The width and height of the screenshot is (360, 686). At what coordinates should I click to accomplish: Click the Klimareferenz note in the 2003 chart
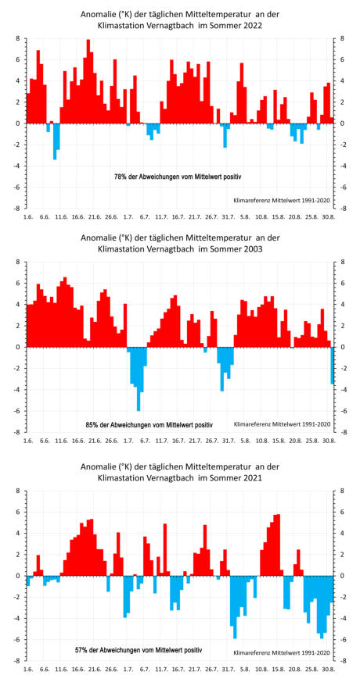(283, 424)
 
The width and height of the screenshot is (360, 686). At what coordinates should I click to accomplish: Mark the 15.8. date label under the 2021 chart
(279, 670)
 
